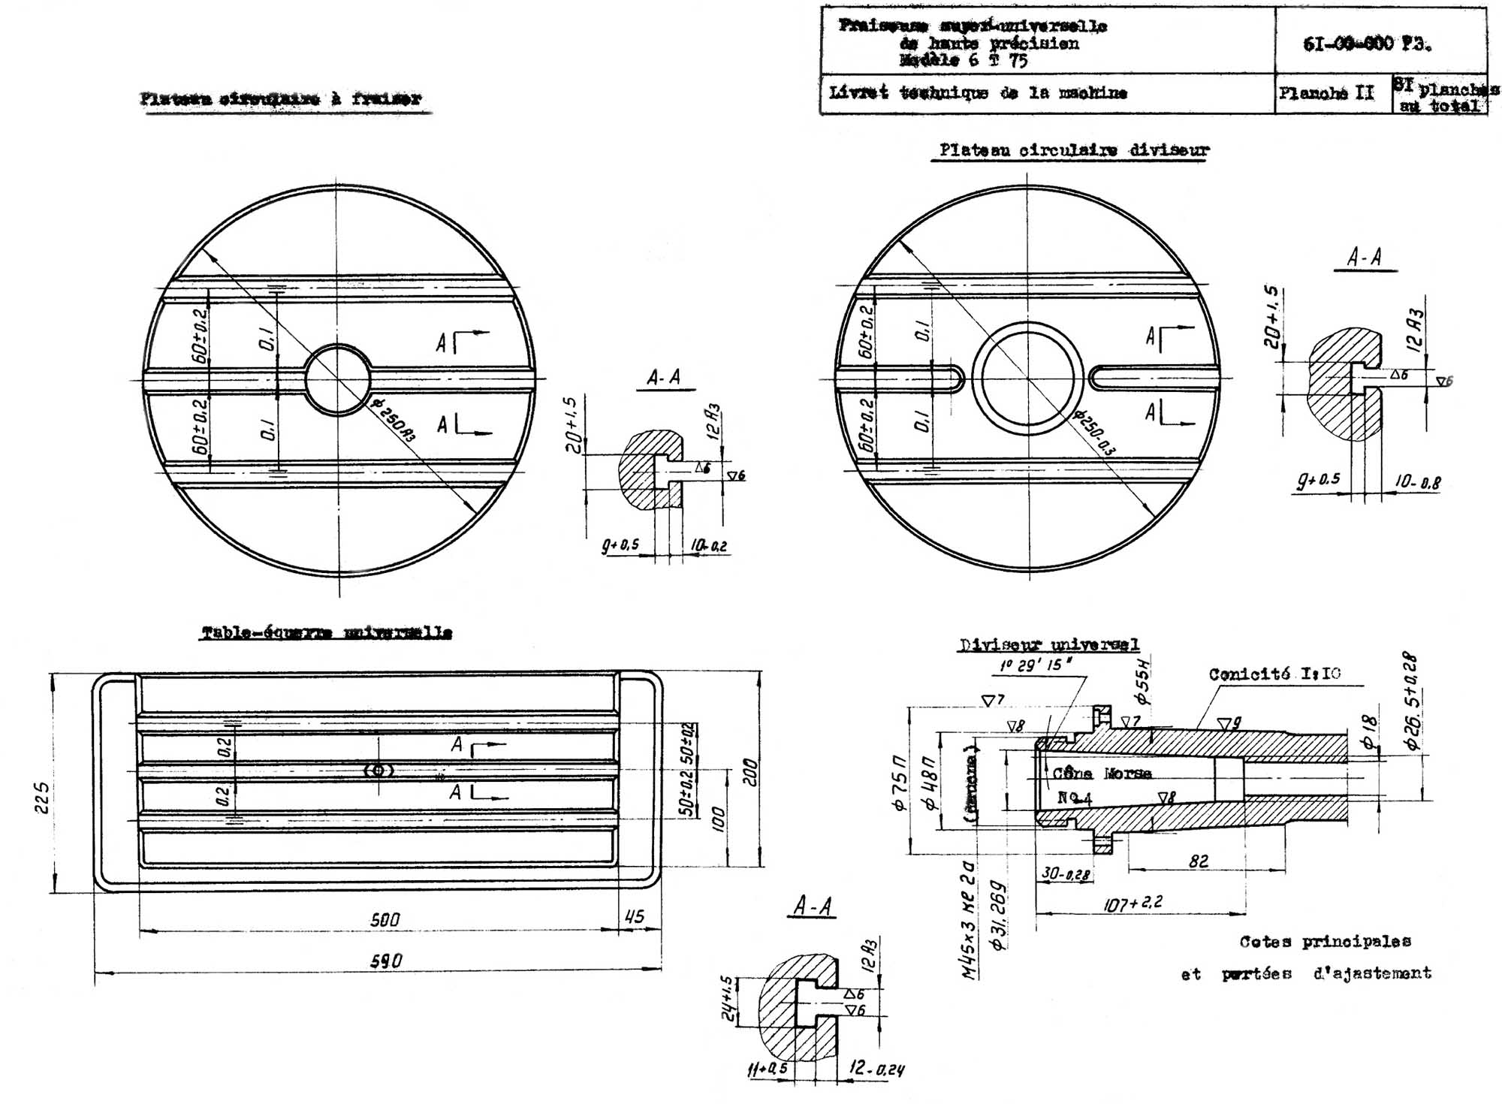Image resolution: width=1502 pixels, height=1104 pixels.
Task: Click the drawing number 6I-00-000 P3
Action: pos(1367,44)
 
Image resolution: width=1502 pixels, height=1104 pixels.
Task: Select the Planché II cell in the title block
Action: pos(1326,93)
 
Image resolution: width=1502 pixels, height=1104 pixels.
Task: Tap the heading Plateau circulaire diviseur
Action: pos(1075,150)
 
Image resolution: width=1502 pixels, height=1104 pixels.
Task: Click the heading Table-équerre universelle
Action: pos(327,632)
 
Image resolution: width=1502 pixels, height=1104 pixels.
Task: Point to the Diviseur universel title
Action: pos(1049,644)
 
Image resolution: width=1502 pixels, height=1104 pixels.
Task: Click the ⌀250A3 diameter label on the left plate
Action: pos(394,421)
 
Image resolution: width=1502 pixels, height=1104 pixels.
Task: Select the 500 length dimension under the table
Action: pos(385,919)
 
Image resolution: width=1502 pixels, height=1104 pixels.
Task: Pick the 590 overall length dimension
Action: pos(387,961)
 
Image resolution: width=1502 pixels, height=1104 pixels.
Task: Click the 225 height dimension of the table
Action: pos(43,798)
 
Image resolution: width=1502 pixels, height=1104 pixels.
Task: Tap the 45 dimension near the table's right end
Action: pos(635,916)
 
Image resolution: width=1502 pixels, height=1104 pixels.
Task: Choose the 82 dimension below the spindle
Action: pos(1199,861)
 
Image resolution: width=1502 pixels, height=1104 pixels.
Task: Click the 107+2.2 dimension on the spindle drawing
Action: pos(1133,903)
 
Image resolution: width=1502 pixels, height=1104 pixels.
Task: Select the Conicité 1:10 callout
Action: pos(1274,674)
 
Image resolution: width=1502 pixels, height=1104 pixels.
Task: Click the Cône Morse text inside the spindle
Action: pos(1102,774)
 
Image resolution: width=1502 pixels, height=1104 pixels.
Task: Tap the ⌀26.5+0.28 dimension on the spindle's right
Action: pos(1412,701)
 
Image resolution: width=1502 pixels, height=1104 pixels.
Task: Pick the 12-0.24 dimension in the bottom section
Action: pos(876,1068)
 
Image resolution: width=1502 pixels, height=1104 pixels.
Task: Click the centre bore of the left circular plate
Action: pos(337,379)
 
